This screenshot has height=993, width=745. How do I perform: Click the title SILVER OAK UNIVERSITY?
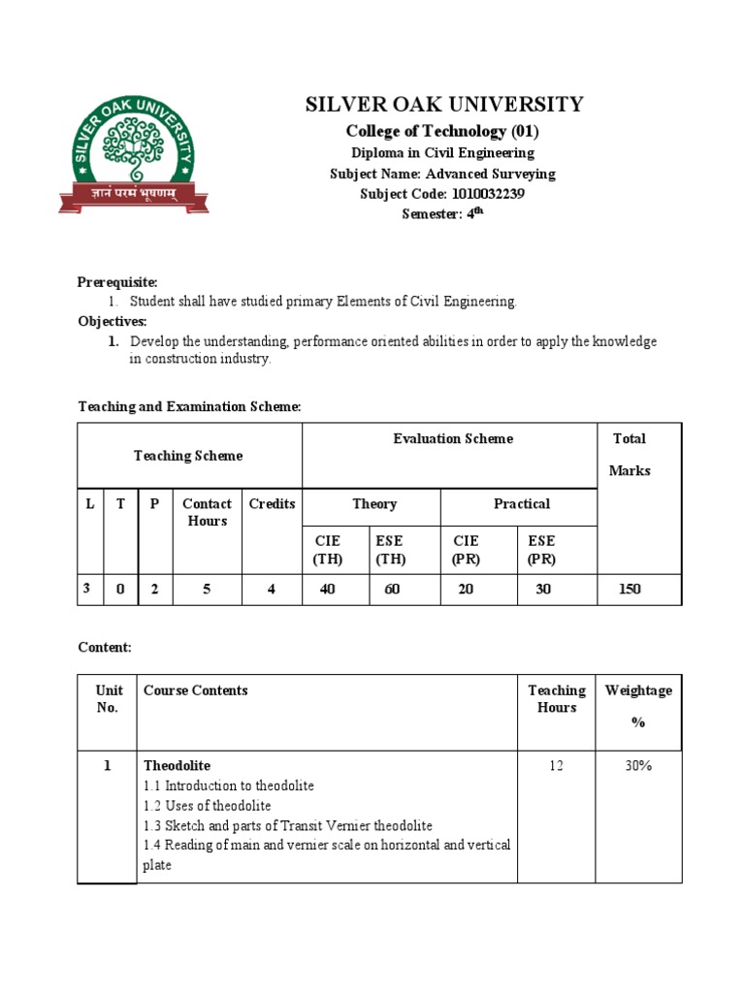444,105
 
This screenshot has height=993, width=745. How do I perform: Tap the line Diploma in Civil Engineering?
442,152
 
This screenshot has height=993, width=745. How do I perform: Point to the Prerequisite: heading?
117,282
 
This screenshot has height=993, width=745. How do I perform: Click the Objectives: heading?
113,321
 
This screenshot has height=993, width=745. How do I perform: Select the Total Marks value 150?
629,589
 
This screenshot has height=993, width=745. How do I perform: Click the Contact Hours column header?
207,512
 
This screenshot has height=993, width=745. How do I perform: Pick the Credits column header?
272,503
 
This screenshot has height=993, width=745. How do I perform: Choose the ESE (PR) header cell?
542,549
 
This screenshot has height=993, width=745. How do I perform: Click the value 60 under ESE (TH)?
392,589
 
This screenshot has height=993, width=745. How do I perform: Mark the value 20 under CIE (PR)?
466,589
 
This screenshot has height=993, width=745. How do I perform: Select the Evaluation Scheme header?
453,438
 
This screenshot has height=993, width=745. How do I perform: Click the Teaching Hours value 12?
556,766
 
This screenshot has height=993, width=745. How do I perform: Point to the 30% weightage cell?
638,766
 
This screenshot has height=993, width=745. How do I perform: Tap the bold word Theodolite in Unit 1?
177,766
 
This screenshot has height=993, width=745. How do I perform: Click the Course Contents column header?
195,690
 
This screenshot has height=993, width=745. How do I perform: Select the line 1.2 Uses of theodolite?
208,806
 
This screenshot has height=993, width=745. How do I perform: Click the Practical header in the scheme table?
521,503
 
